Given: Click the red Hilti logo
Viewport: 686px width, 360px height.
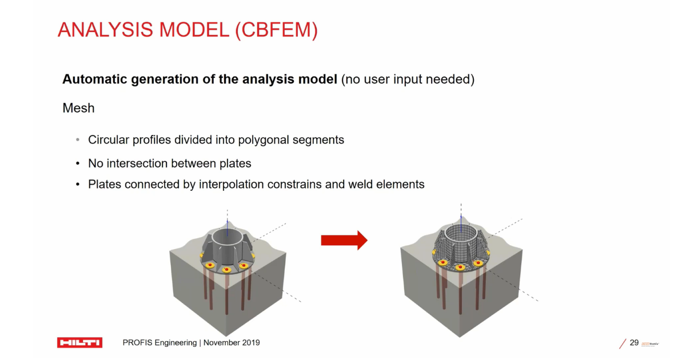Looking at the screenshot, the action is point(79,342).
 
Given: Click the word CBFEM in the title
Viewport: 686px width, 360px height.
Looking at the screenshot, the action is point(277,30).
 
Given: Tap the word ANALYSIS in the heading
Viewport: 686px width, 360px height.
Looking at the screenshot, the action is point(105,30).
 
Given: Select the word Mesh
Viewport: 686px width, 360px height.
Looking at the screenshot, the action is point(78,108).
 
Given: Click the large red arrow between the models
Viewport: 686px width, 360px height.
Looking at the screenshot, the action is point(344,241).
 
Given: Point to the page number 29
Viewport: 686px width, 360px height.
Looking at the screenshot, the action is point(634,342).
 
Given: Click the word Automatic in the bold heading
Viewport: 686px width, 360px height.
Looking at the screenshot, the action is point(95,79).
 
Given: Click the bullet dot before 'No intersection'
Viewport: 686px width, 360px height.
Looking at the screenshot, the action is point(78,163).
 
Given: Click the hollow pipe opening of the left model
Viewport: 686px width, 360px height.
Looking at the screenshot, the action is point(227,235).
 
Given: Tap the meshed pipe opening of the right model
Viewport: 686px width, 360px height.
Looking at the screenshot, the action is point(461,232).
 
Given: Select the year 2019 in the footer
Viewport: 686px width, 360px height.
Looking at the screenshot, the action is point(251,342).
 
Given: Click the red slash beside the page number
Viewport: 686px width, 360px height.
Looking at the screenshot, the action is point(623,343).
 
